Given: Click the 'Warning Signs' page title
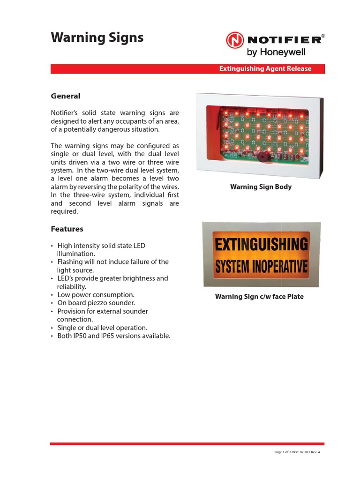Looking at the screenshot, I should tap(97, 37).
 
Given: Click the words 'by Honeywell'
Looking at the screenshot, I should tap(276, 52).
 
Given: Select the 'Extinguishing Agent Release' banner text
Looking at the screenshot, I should tap(265, 69).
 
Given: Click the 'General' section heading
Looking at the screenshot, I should tap(65, 96).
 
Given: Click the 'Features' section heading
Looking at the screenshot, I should tap(67, 229).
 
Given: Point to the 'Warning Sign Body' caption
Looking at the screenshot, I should tap(261, 187).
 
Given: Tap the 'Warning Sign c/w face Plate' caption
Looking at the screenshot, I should tap(259, 297).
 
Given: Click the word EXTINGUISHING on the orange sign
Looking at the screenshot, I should tap(261, 245).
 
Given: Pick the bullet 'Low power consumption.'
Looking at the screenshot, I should tap(96, 295).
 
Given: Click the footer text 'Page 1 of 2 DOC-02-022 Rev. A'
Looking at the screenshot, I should tap(300, 452).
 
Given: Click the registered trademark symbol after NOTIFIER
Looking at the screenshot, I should tap(323, 36).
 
